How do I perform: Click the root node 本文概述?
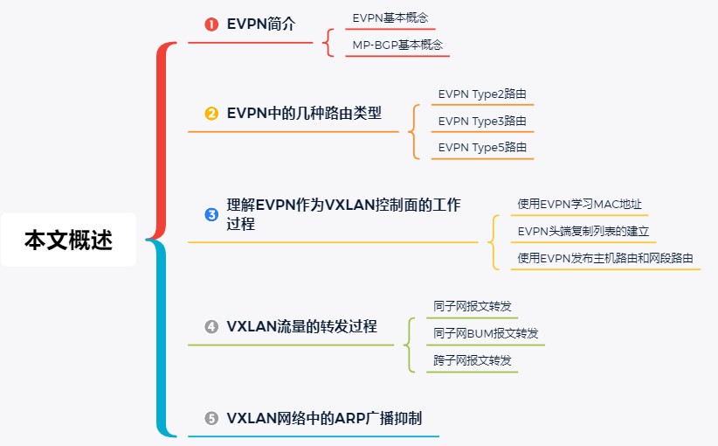[68, 240]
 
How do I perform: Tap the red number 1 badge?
[211, 24]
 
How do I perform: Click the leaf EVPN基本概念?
[390, 17]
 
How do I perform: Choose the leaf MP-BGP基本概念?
[397, 45]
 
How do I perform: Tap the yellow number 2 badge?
[211, 114]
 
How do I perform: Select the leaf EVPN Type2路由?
[482, 94]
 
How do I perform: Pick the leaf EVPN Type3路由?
[482, 121]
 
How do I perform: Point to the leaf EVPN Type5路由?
[482, 148]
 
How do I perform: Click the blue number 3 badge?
[211, 214]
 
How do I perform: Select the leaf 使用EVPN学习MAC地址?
[580, 204]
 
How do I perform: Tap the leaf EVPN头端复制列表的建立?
[583, 231]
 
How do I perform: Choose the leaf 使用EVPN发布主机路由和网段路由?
[605, 258]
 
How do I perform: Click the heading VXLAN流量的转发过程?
[301, 326]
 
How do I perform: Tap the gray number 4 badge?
[211, 327]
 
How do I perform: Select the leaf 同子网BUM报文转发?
[486, 333]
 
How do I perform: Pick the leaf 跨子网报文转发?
[473, 360]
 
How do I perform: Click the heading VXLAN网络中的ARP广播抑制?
[324, 418]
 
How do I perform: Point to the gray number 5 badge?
[211, 419]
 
